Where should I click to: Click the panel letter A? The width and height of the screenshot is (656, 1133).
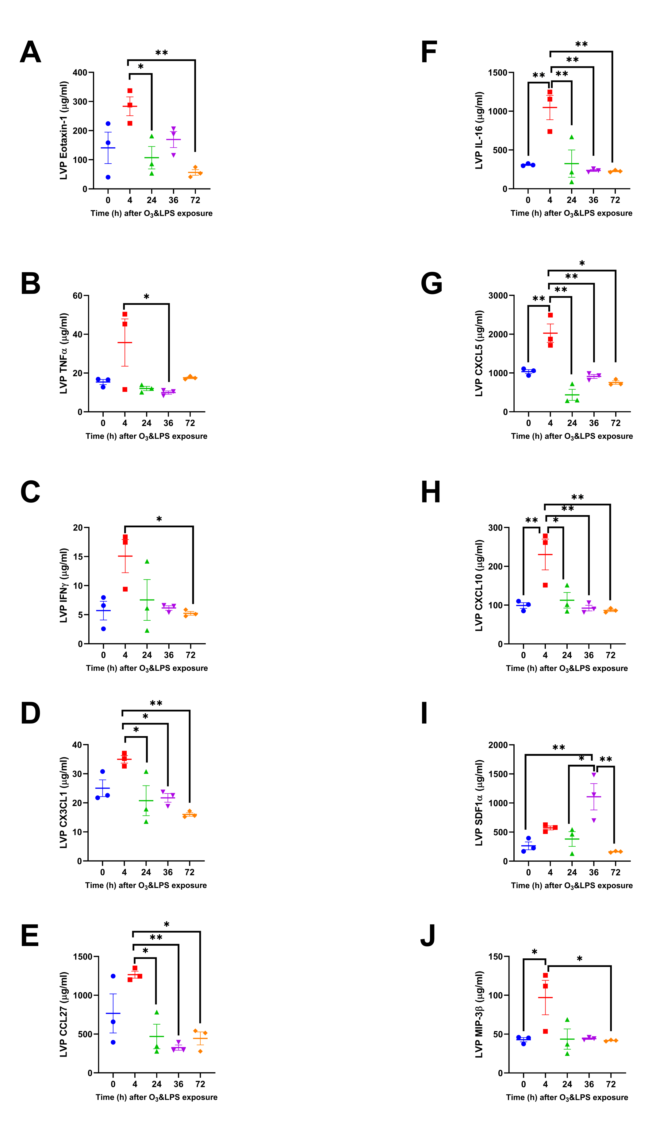[31, 52]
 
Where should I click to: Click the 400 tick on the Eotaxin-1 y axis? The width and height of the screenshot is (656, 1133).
[80, 72]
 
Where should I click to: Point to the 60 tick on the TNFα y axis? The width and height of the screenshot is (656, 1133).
[78, 295]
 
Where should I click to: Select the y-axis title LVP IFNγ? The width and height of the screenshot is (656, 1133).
[64, 585]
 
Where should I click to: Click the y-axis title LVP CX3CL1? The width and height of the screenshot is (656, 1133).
[64, 802]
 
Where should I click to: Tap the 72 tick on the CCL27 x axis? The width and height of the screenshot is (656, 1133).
[200, 1084]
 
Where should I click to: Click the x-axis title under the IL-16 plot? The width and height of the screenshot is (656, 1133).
[571, 213]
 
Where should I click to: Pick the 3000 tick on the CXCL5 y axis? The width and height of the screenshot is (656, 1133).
[498, 295]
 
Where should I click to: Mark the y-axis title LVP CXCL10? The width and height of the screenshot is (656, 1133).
[479, 585]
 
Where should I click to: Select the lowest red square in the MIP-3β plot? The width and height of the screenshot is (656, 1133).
[546, 1031]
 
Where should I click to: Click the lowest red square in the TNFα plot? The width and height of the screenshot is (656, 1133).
[125, 389]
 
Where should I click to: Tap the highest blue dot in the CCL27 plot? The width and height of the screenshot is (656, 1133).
[113, 976]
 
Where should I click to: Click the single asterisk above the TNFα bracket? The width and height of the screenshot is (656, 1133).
[147, 297]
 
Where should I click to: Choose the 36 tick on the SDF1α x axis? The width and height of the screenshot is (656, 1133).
[593, 872]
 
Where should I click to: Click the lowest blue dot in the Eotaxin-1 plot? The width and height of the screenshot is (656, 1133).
[108, 177]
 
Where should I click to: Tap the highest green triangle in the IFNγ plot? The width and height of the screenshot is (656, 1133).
[147, 561]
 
